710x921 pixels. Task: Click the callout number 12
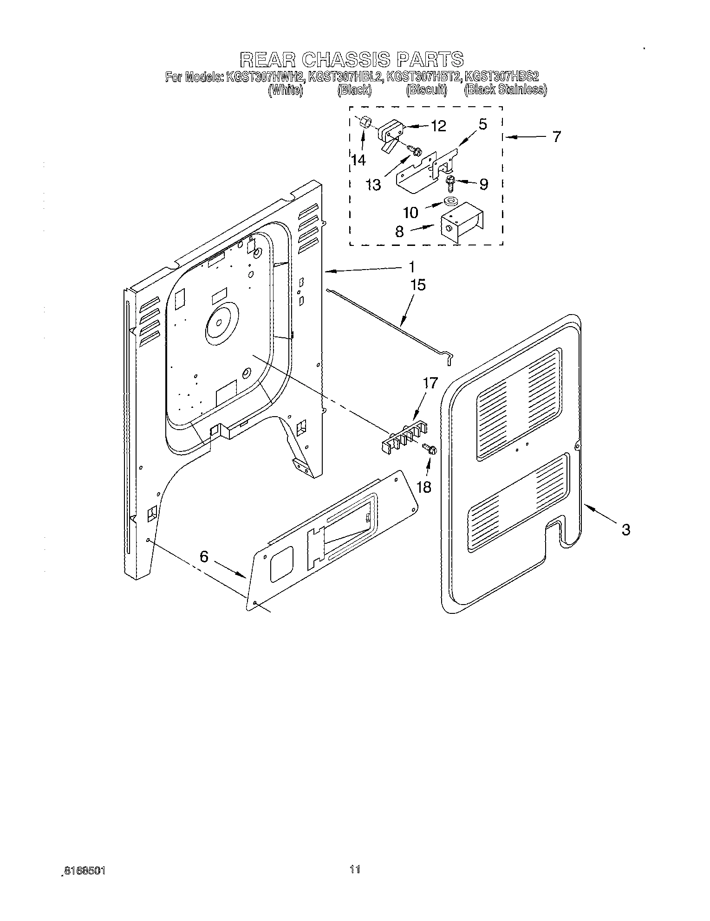(439, 126)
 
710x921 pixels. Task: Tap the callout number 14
(358, 160)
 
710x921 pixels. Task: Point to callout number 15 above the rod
(418, 284)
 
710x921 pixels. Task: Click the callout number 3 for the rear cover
(625, 529)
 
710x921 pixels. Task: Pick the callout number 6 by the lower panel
(204, 556)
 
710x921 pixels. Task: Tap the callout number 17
(430, 383)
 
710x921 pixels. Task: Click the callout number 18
(424, 487)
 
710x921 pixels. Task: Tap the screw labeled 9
(450, 183)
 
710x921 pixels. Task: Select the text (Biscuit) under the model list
(426, 90)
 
